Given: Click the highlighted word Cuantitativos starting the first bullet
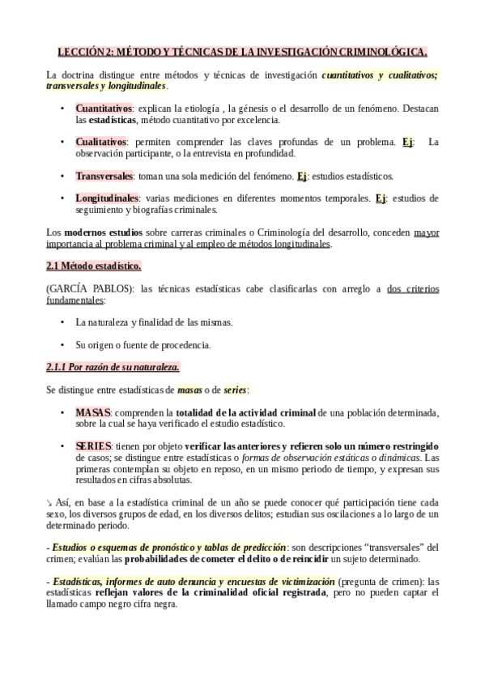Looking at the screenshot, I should pyautogui.click(x=104, y=108).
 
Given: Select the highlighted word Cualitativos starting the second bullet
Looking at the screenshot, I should pyautogui.click(x=100, y=142).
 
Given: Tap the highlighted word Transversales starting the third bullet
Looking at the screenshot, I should pyautogui.click(x=103, y=176).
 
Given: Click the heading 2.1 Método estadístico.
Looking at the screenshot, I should pyautogui.click(x=93, y=266).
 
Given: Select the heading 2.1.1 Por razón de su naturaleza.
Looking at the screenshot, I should pyautogui.click(x=113, y=368).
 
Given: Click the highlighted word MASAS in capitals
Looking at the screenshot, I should pyautogui.click(x=92, y=412).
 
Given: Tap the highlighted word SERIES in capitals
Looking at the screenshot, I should pyautogui.click(x=93, y=446).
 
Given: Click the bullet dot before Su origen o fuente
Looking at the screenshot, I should pyautogui.click(x=62, y=345).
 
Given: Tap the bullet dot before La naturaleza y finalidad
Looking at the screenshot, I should pyautogui.click(x=62, y=322).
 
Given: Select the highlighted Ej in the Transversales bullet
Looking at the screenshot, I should pyautogui.click(x=302, y=176).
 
